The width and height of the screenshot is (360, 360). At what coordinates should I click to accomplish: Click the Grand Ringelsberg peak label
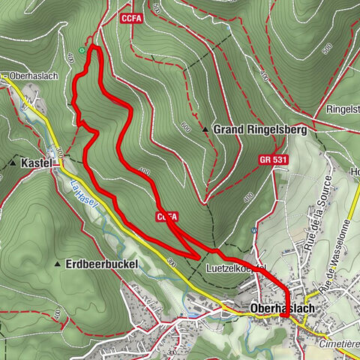coord(250,130)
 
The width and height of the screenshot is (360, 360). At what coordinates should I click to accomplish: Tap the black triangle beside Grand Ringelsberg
coord(205,130)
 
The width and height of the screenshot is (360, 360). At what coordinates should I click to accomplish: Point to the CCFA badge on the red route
coord(167,216)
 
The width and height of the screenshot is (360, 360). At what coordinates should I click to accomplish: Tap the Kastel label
coord(36,162)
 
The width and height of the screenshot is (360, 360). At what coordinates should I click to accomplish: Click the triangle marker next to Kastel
coord(13,162)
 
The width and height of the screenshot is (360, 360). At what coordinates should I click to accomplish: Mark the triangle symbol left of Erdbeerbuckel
coord(58,265)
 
